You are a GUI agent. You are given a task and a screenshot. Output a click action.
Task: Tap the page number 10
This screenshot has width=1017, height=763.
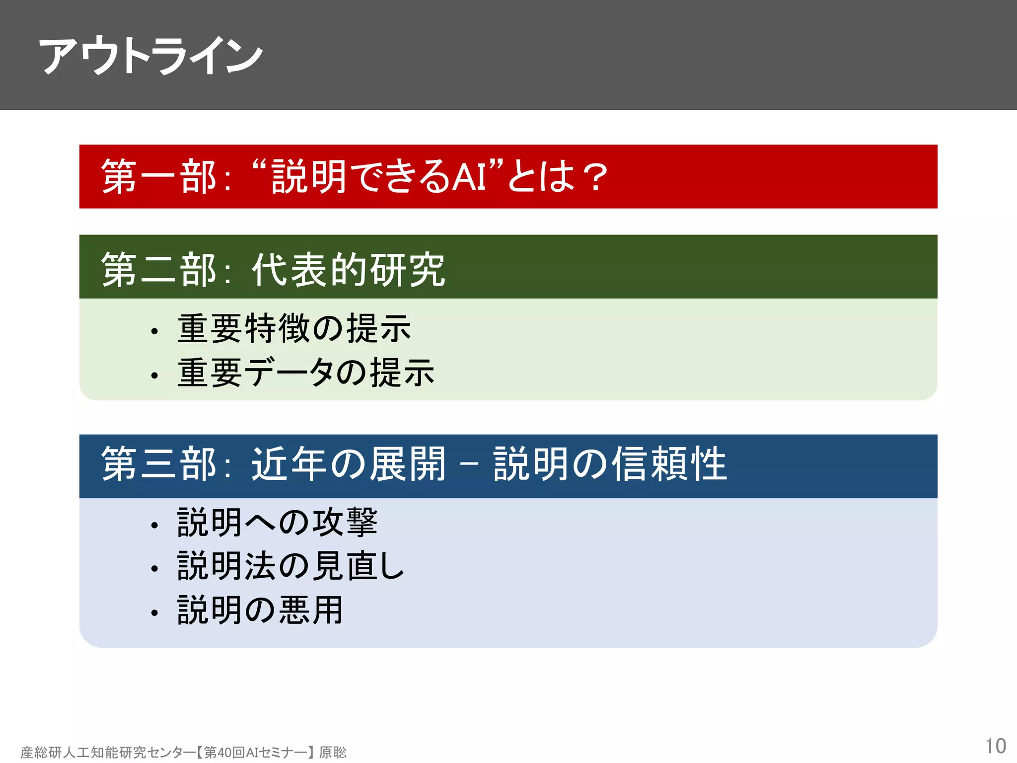[x=995, y=746]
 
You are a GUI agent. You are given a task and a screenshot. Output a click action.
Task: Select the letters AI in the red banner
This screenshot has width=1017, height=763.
[x=469, y=177]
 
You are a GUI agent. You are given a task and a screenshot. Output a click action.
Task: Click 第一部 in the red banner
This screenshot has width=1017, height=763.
[x=158, y=177]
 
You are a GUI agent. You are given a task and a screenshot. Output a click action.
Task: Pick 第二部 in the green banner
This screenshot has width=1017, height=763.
[x=158, y=269]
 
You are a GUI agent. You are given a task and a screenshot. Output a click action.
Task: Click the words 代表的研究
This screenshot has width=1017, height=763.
[x=348, y=269]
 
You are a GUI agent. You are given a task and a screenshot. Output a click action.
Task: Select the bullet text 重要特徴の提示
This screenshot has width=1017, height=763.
[x=294, y=328]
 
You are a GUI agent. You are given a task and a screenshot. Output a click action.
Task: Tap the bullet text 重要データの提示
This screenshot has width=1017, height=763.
[x=306, y=373]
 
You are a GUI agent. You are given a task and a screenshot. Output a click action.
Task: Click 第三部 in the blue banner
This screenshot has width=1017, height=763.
[x=158, y=463]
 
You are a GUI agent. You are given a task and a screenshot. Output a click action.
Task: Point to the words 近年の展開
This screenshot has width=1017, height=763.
[x=348, y=463]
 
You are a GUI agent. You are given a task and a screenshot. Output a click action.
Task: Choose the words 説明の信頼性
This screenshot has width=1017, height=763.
[x=610, y=463]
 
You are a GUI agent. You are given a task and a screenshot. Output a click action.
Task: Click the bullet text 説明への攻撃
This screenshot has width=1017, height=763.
[x=277, y=522]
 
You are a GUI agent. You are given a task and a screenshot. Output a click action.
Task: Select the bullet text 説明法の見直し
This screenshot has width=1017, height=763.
[x=291, y=566]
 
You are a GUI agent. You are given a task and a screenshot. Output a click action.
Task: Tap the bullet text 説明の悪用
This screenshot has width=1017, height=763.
[x=260, y=610]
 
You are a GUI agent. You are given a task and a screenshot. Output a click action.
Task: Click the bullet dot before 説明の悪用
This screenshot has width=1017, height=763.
[x=154, y=613]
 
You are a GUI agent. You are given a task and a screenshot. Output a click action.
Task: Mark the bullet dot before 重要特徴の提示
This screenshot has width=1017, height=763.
[x=154, y=331]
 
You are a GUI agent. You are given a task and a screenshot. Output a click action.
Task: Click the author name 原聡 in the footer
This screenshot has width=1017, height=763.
[x=333, y=753]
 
